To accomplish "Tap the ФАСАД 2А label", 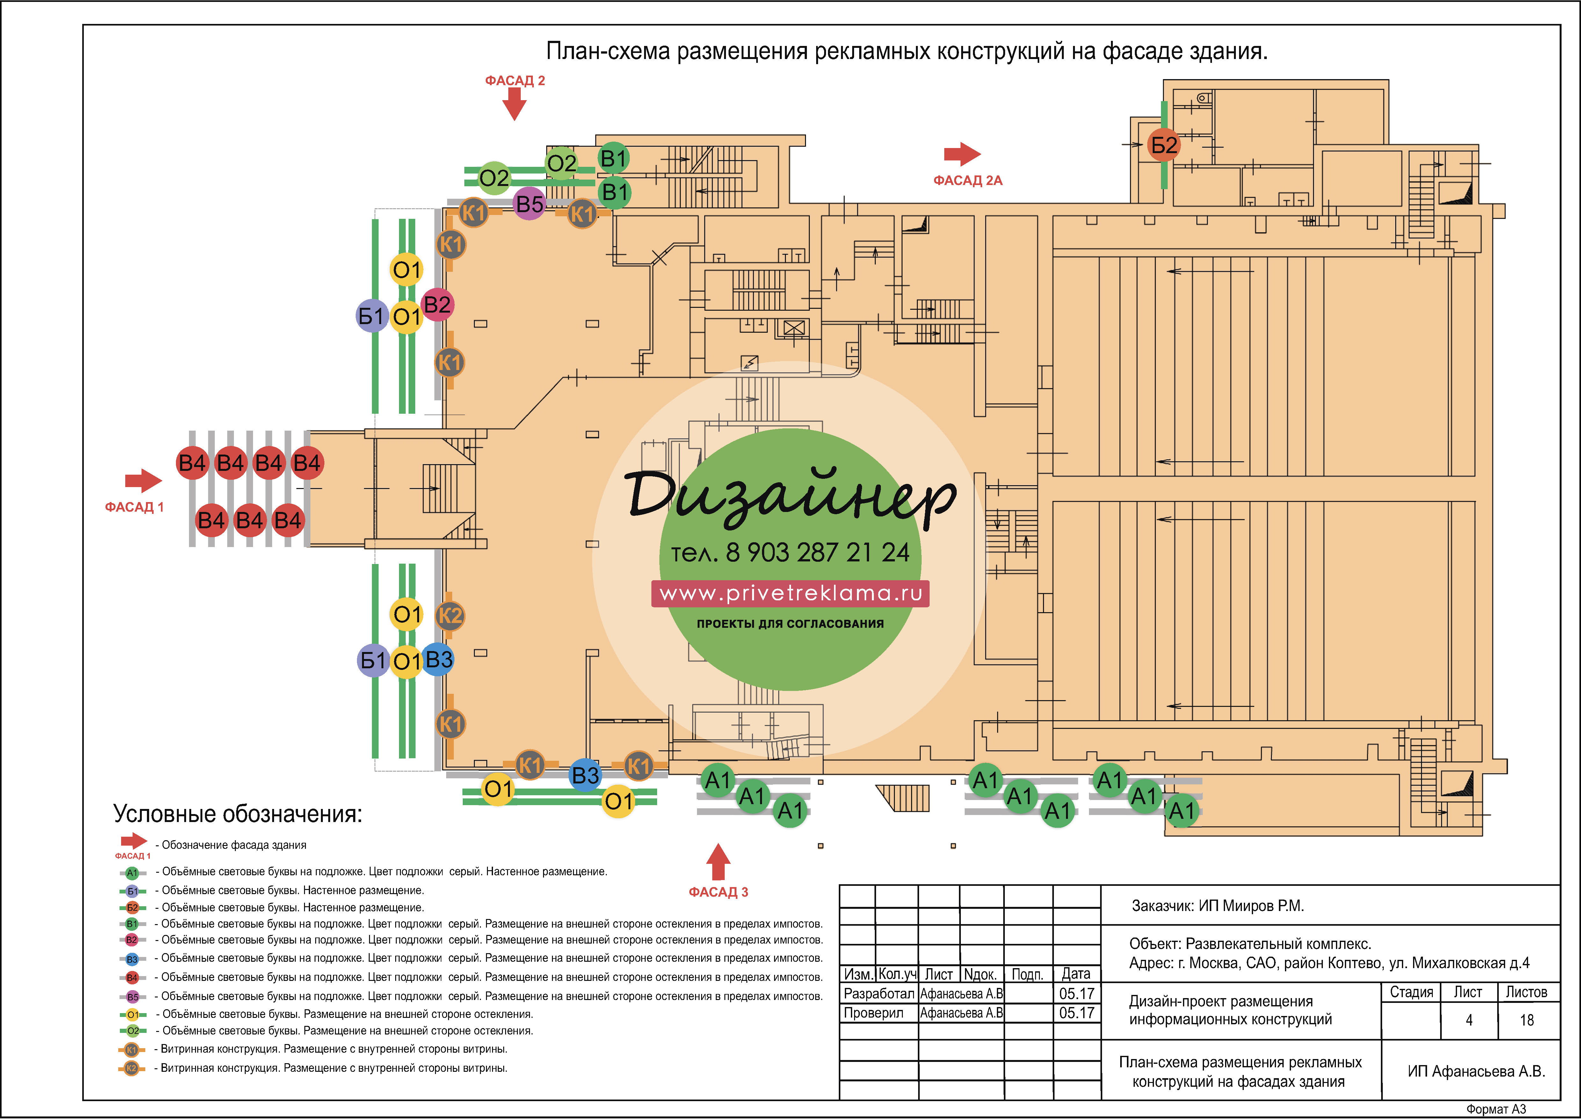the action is tap(968, 181).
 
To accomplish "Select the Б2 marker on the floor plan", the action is tap(1164, 145).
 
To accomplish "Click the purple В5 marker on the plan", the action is tap(530, 204).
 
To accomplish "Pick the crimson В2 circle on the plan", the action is tap(437, 305).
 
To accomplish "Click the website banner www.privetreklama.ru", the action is tap(790, 593).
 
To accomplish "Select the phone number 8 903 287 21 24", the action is tap(818, 552).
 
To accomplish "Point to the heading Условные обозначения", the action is tap(237, 814).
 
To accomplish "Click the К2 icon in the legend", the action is tap(132, 1069).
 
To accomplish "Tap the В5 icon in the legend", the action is tap(132, 997).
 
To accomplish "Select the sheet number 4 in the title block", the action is tap(1469, 1020).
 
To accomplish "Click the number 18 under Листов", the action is tap(1527, 1020).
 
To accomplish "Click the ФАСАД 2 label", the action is tap(515, 81).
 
